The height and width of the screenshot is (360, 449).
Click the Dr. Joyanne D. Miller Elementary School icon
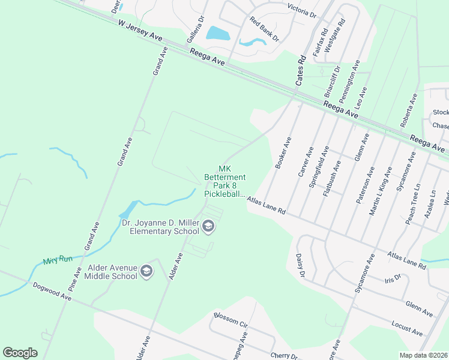(208, 226)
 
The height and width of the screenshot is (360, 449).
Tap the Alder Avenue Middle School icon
(146, 271)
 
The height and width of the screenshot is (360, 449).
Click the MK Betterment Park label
(225, 181)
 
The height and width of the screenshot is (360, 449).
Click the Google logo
(20, 353)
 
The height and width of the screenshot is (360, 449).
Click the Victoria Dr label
(302, 10)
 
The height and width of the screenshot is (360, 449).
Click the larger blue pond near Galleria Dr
(218, 33)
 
